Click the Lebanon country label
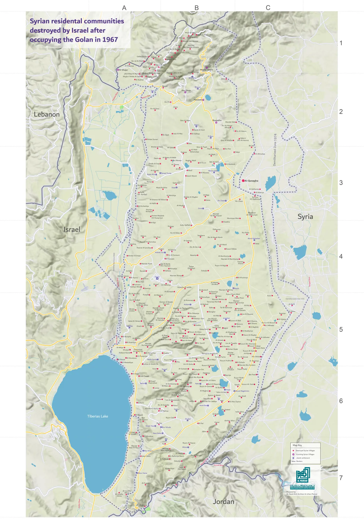pyautogui.click(x=47, y=114)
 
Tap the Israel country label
pyautogui.click(x=72, y=229)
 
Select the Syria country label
pyautogui.click(x=305, y=217)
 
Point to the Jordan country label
pyautogui.click(x=223, y=501)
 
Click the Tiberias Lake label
pyautogui.click(x=97, y=416)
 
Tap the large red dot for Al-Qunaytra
pyautogui.click(x=243, y=180)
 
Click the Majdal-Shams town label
pyautogui.click(x=207, y=70)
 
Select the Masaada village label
pyautogui.click(x=198, y=100)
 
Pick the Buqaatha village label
pyautogui.click(x=217, y=120)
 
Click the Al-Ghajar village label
pyautogui.click(x=123, y=70)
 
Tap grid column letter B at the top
pyautogui.click(x=197, y=8)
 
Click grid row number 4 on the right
pyautogui.click(x=341, y=256)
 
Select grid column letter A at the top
pyautogui.click(x=124, y=8)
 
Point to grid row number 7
pyautogui.click(x=341, y=478)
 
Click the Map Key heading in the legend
pyautogui.click(x=297, y=445)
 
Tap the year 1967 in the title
pyautogui.click(x=110, y=40)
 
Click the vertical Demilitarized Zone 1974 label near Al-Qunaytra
pyautogui.click(x=275, y=150)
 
